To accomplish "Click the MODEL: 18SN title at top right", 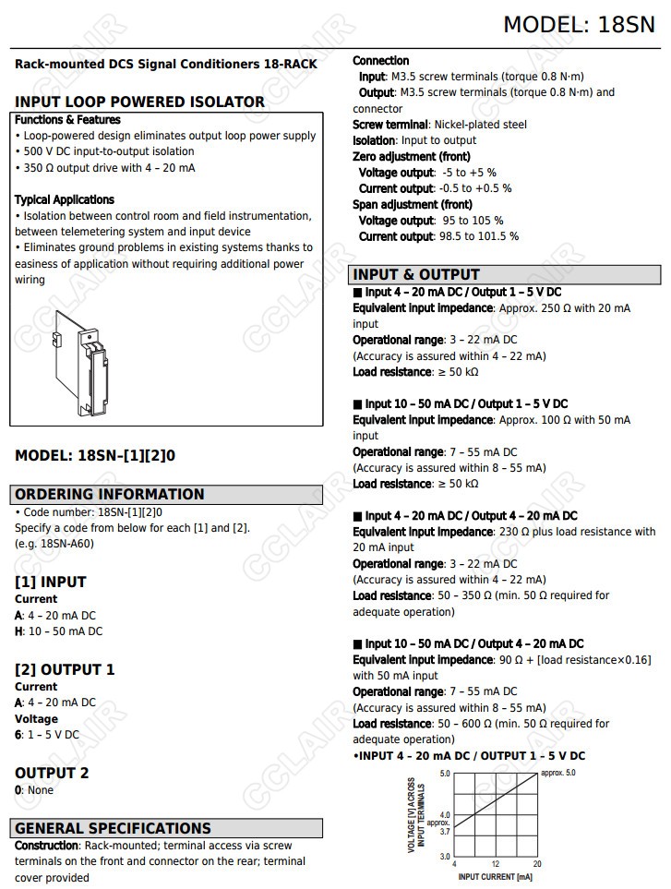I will coord(578,25).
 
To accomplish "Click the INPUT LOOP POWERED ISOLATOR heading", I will coord(139,102).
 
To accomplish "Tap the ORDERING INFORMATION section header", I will coord(109,494).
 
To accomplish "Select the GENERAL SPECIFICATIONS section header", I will coord(113,828).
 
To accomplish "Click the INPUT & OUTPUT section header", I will coord(416,274).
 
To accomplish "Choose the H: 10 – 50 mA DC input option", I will coord(58,631).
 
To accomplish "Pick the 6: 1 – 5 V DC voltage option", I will coord(47,735).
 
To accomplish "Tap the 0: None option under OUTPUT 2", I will coord(34,790).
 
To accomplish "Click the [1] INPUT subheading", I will coord(50,582).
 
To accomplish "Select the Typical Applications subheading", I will coord(65,199).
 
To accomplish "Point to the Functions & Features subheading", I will coord(67,120).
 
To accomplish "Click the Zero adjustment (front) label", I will coord(411,157).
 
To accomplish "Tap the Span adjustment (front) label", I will coord(412,204).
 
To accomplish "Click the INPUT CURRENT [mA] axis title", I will coord(495,876).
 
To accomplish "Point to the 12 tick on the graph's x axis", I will coord(496,864).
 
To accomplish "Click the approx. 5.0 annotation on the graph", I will coord(557,773).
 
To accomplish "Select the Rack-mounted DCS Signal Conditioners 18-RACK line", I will coord(166,65).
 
